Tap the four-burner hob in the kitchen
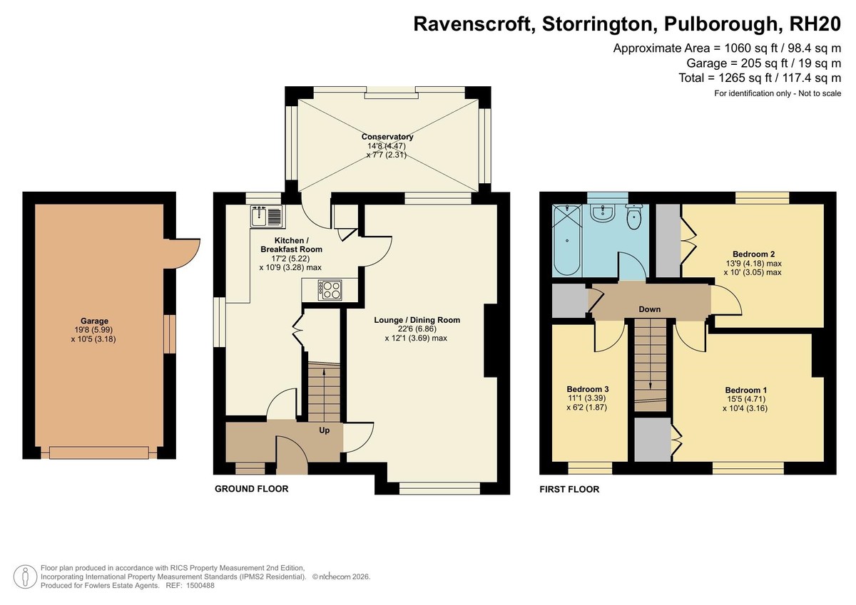(330, 290)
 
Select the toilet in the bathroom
(634, 217)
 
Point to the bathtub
(567, 239)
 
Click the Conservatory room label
(387, 137)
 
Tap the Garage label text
(94, 321)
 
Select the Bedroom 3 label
(587, 389)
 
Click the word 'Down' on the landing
(650, 309)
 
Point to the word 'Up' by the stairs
(324, 430)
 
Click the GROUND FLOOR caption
(251, 489)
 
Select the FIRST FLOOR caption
(569, 490)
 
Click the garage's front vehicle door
(99, 453)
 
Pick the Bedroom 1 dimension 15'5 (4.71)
(745, 399)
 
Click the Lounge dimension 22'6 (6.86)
(417, 329)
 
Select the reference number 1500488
(200, 586)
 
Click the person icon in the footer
(25, 576)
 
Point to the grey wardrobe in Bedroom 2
(668, 240)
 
